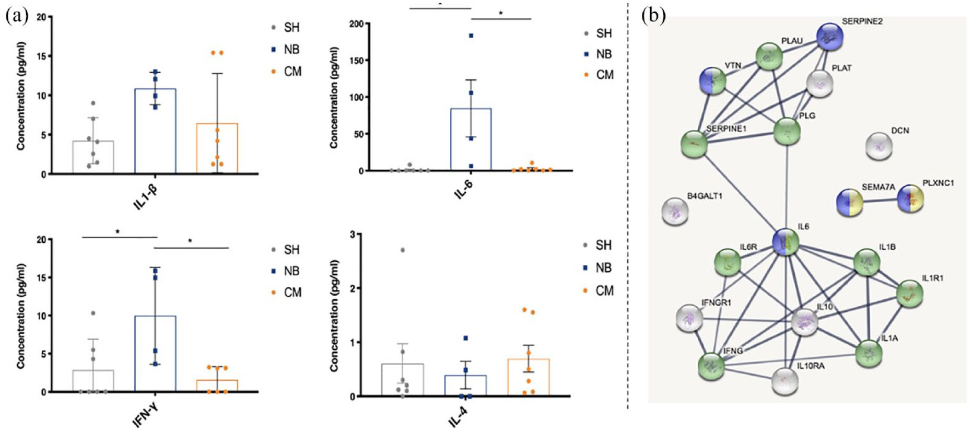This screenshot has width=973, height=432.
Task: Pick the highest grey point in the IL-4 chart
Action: [x=402, y=250]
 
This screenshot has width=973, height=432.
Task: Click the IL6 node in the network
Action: [x=786, y=242]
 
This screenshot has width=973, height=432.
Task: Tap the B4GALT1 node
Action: [x=675, y=212]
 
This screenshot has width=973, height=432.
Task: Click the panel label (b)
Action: [x=654, y=16]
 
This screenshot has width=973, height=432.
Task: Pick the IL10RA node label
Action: [x=810, y=366]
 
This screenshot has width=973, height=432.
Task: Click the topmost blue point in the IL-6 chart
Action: [x=471, y=36]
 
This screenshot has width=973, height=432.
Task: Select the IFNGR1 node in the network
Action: [x=689, y=318]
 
